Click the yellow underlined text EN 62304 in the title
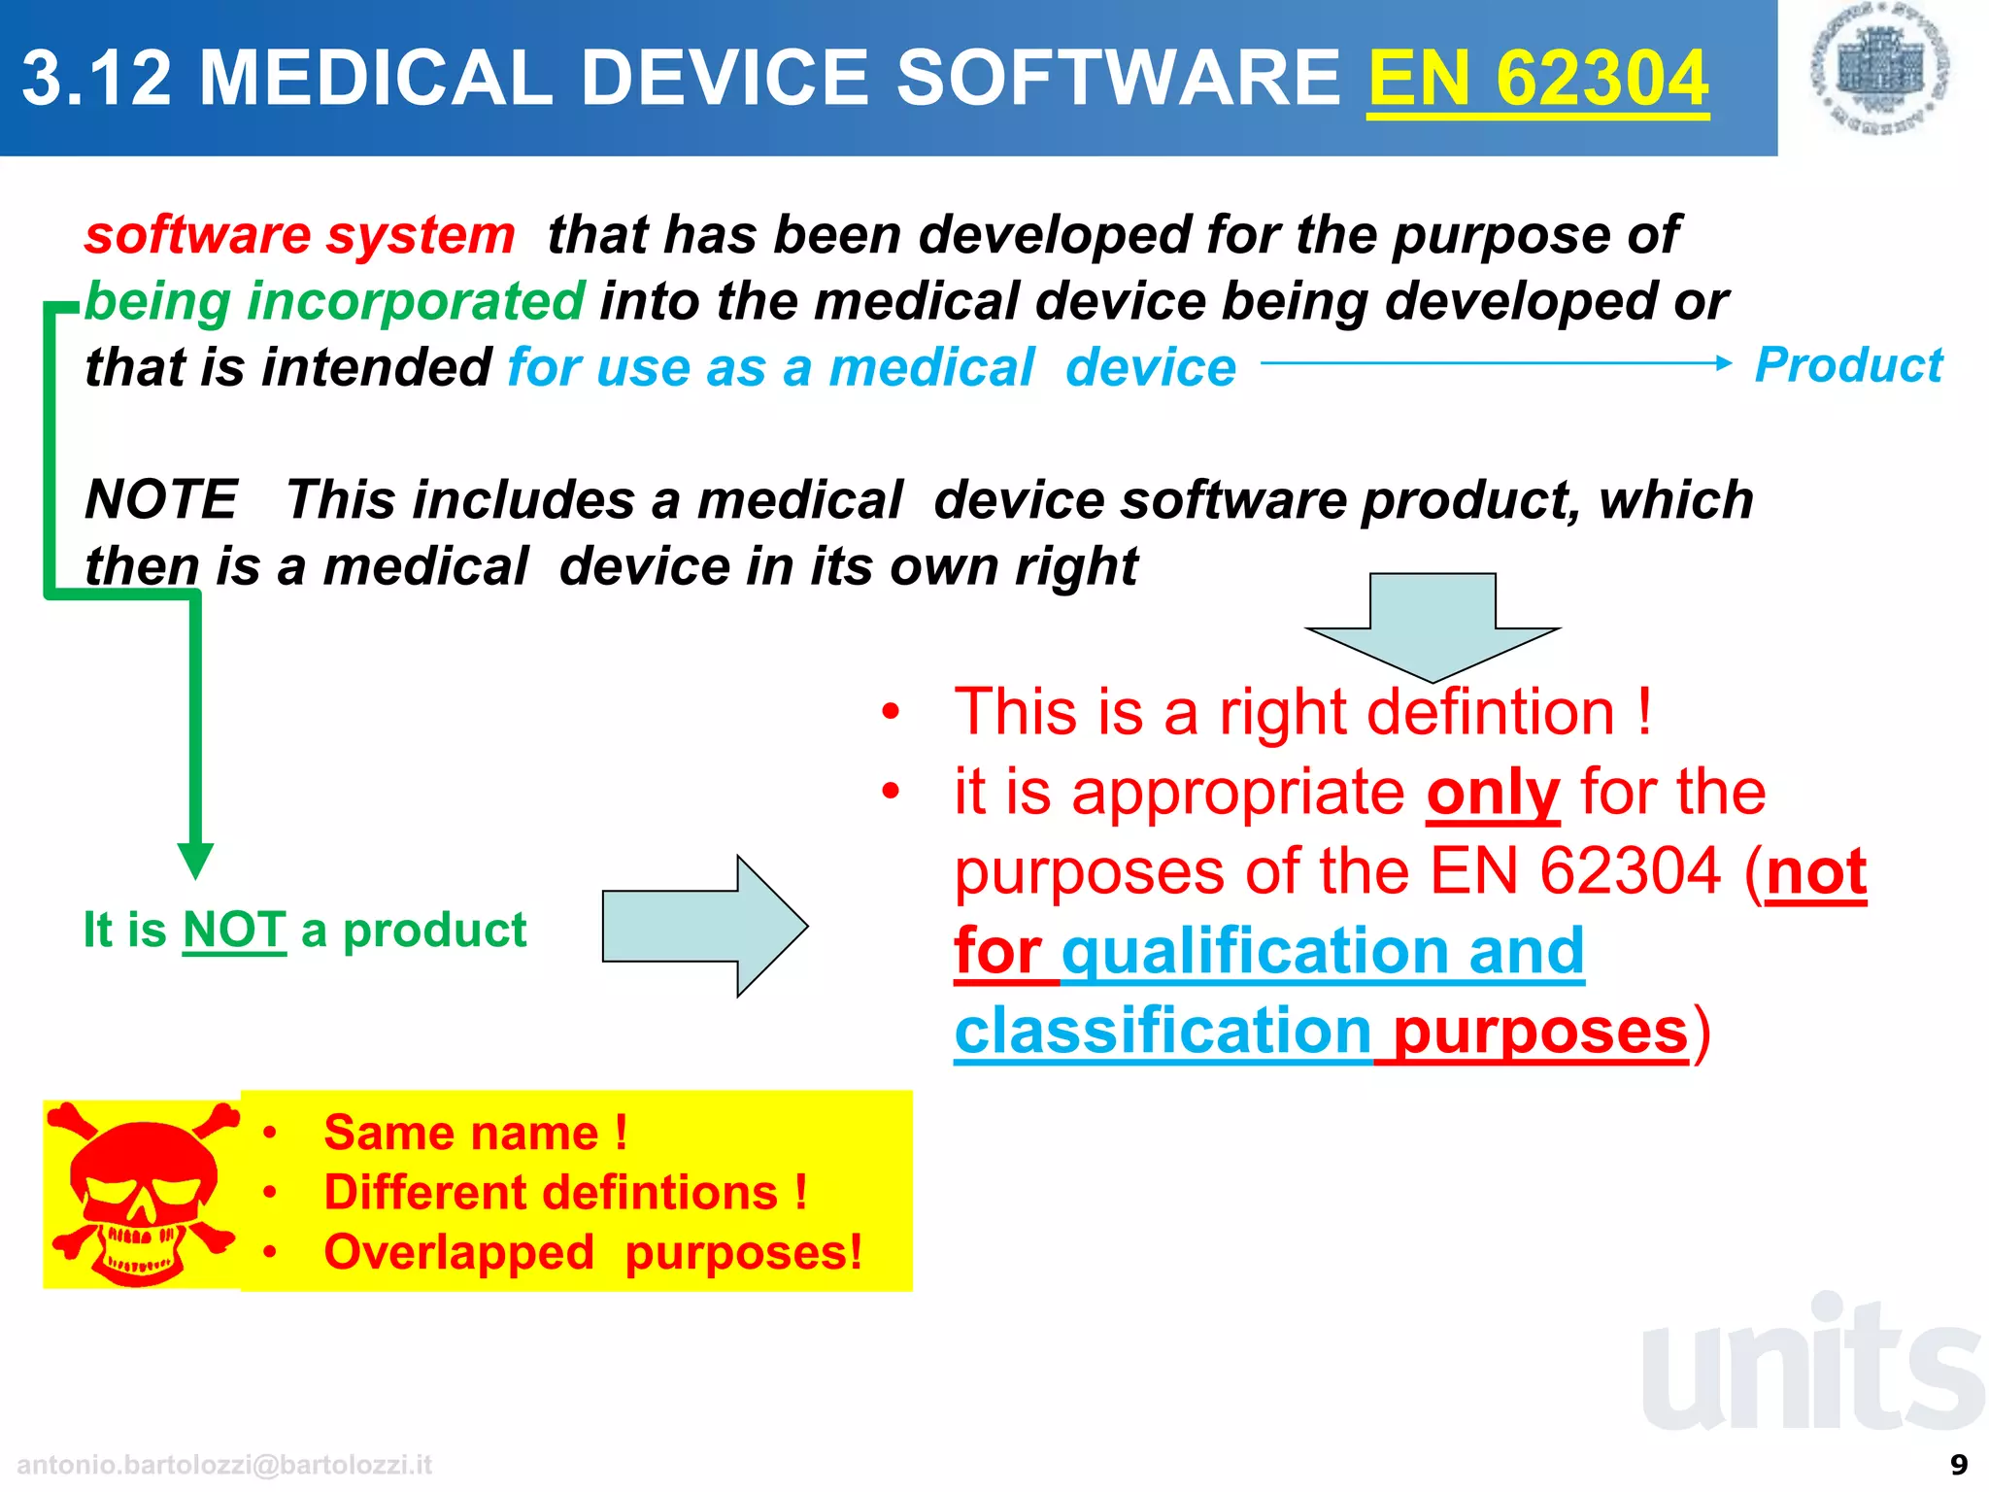(x=1537, y=78)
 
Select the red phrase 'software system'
(x=299, y=235)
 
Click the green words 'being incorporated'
(x=335, y=301)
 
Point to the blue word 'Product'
(x=1848, y=365)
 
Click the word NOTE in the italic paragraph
(x=161, y=499)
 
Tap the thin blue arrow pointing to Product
(x=1496, y=363)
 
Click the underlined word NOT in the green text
(x=234, y=930)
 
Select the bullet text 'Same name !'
(x=476, y=1133)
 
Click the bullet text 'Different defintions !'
(x=565, y=1192)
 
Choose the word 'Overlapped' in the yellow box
(x=458, y=1252)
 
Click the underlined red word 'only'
(x=1493, y=793)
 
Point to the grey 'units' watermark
(x=1812, y=1365)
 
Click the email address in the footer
(x=224, y=1464)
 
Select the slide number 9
(x=1959, y=1464)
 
